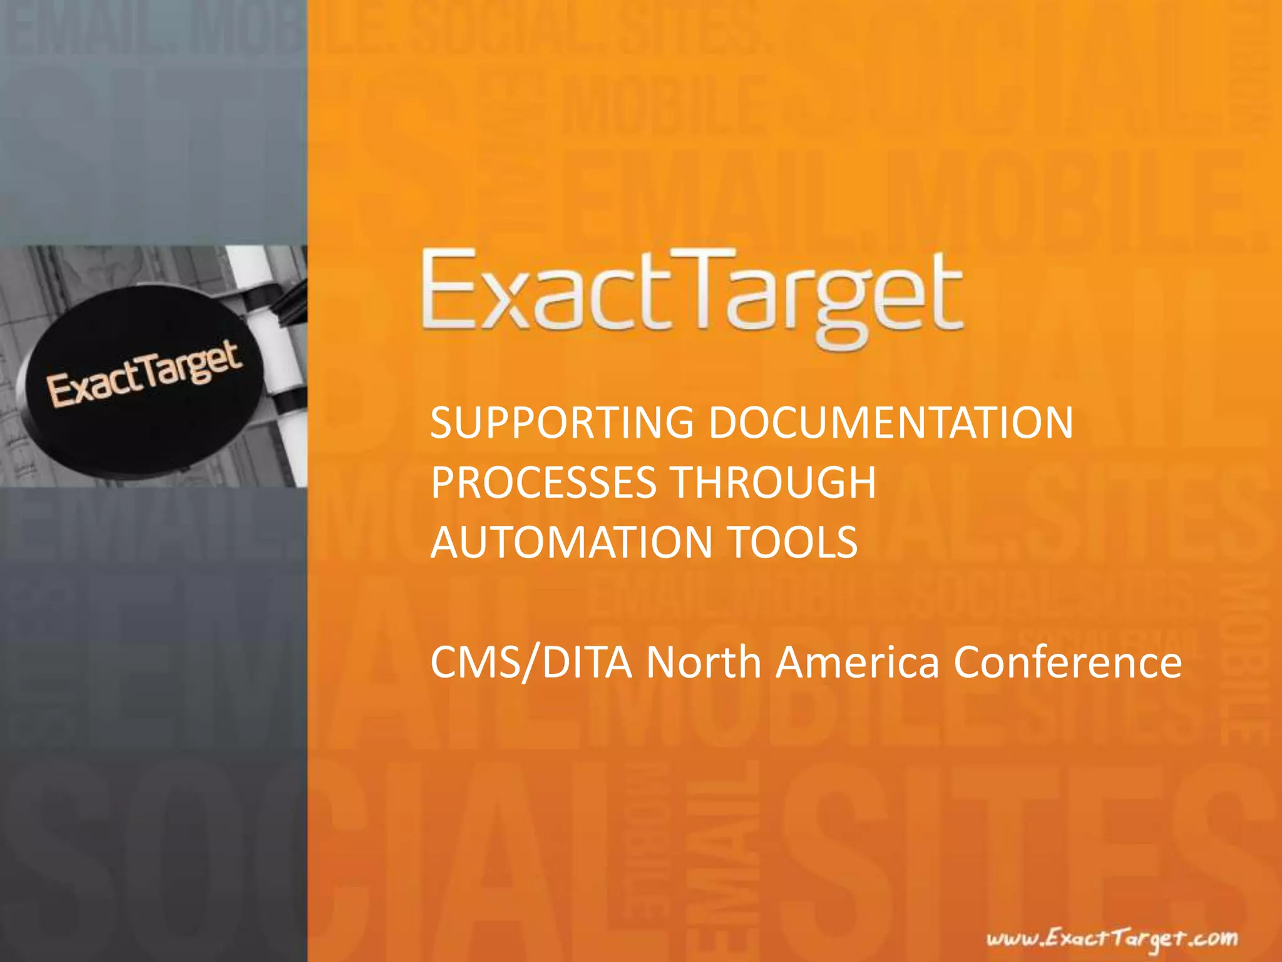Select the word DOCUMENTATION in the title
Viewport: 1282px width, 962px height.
pyautogui.click(x=891, y=423)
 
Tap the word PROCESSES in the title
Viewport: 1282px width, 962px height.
pyautogui.click(x=543, y=482)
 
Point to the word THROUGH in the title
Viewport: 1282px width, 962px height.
pyautogui.click(x=773, y=482)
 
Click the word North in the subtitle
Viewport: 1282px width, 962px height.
pyautogui.click(x=703, y=663)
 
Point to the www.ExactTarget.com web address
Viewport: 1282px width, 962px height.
pyautogui.click(x=1112, y=939)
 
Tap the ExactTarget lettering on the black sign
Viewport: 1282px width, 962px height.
pyautogui.click(x=144, y=375)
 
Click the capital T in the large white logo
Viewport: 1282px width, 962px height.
pyautogui.click(x=704, y=289)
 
